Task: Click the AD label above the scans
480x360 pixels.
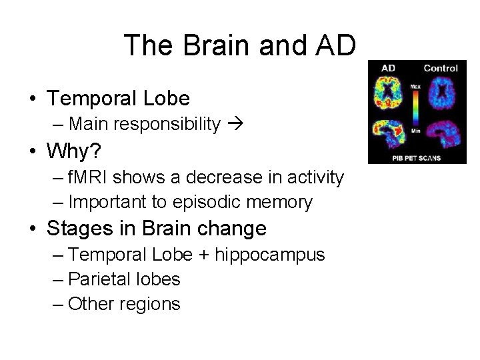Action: pyautogui.click(x=388, y=68)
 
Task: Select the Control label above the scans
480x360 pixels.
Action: pyautogui.click(x=440, y=68)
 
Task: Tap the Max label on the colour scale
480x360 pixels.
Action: pyautogui.click(x=415, y=87)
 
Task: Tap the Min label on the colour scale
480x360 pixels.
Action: pyautogui.click(x=415, y=131)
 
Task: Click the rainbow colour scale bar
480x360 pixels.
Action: pyautogui.click(x=415, y=108)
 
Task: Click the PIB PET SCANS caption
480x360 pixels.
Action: pyautogui.click(x=416, y=158)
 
